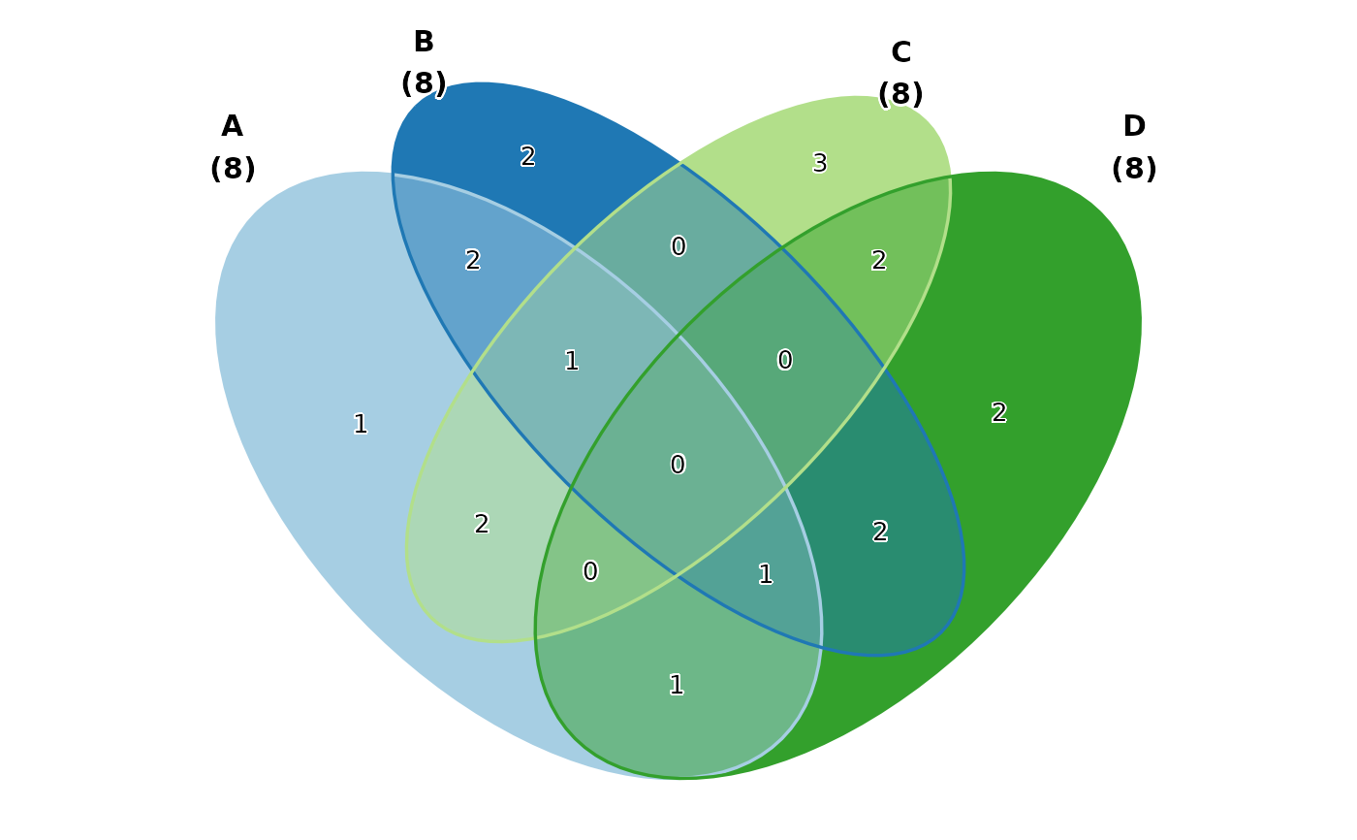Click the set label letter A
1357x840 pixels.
click(232, 127)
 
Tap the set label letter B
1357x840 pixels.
click(424, 43)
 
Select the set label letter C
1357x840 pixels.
click(900, 53)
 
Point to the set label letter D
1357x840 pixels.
click(1133, 127)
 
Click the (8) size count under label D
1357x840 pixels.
click(1133, 170)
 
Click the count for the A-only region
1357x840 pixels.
click(361, 425)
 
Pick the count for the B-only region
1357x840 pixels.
click(528, 157)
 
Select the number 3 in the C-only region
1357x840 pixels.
click(820, 164)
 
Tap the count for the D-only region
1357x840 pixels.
click(999, 413)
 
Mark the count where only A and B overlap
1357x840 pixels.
click(473, 261)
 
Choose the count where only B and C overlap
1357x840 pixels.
click(678, 247)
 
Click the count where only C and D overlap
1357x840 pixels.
click(879, 261)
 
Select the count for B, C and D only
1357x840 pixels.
click(785, 361)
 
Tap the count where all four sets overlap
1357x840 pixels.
click(678, 466)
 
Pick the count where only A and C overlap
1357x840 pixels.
click(482, 525)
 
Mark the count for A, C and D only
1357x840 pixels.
click(590, 572)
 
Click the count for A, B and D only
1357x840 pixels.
click(766, 575)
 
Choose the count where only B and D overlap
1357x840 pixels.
click(880, 533)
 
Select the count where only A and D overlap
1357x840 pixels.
click(677, 686)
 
